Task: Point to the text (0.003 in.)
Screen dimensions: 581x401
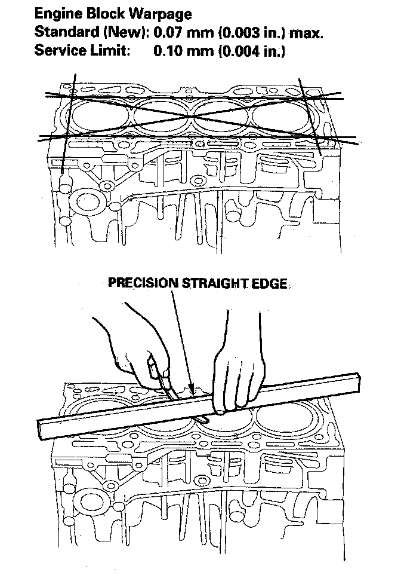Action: click(x=246, y=32)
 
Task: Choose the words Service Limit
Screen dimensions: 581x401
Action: click(x=82, y=51)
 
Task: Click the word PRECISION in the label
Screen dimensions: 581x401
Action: click(x=142, y=283)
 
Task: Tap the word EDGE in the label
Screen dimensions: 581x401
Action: click(x=270, y=283)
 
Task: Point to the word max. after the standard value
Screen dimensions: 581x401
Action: click(x=306, y=32)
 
